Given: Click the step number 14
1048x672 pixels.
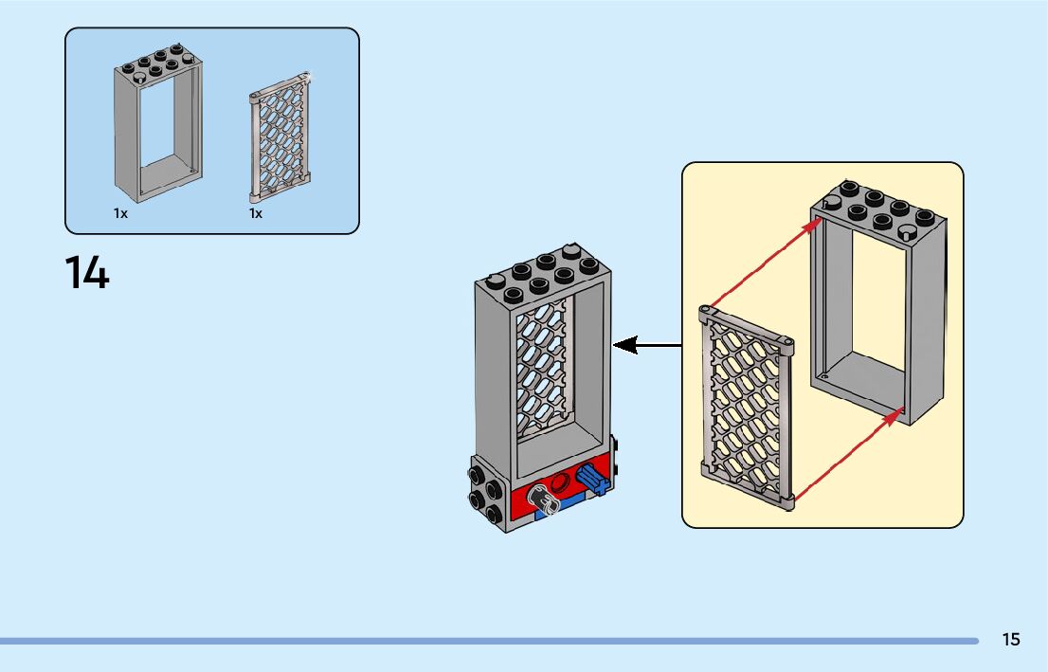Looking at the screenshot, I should pyautogui.click(x=87, y=273).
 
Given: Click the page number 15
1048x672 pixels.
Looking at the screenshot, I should pyautogui.click(x=1011, y=640).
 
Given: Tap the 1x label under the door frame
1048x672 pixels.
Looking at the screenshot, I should pyautogui.click(x=120, y=214).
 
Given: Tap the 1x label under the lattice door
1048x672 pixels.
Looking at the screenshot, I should pyautogui.click(x=256, y=214).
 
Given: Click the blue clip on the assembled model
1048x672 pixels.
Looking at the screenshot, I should pyautogui.click(x=591, y=480).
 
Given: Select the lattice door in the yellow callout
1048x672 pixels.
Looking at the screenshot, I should pyautogui.click(x=748, y=408).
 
